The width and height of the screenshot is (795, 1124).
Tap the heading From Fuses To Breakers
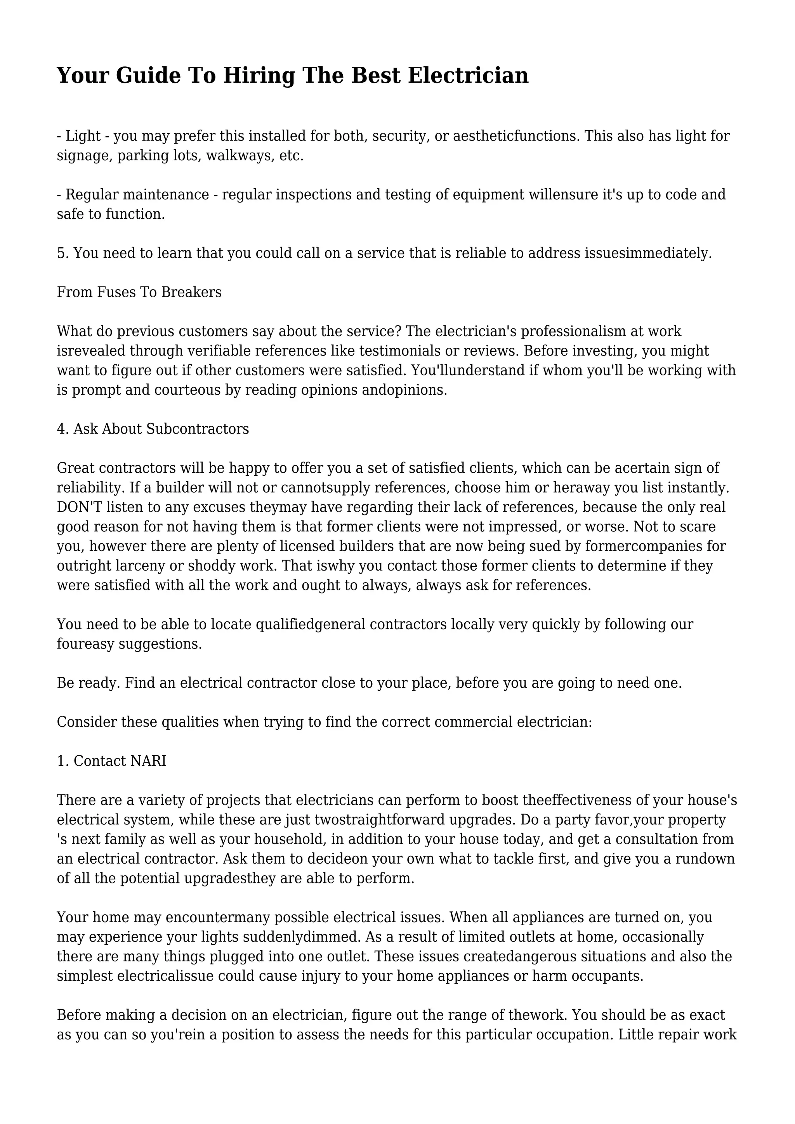point(139,292)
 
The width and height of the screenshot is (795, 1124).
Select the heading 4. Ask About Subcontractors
point(153,429)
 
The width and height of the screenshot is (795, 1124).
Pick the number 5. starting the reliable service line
point(62,253)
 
